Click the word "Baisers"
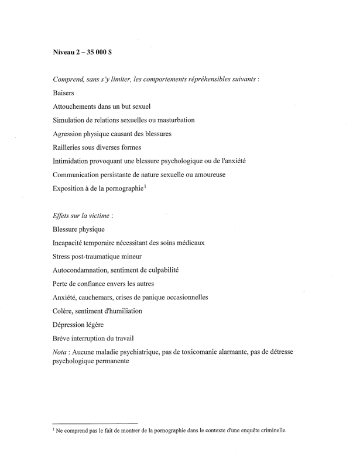64,92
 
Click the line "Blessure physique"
80,229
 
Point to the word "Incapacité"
70,242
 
